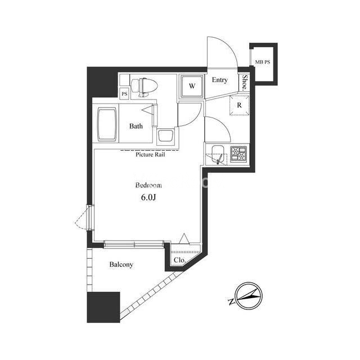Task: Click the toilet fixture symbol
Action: [144, 87]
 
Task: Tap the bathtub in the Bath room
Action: [107, 124]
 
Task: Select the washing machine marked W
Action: [192, 87]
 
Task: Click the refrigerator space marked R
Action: [239, 105]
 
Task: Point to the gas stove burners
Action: [238, 154]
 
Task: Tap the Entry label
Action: [220, 80]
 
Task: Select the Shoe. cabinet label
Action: [245, 82]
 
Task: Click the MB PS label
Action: [263, 62]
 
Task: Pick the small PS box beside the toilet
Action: [124, 94]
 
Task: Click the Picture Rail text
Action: [150, 155]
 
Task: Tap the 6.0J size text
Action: [148, 197]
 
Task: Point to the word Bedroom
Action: [148, 185]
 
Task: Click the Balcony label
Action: [121, 264]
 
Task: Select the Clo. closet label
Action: [179, 260]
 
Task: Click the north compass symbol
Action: [249, 296]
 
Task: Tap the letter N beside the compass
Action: [231, 302]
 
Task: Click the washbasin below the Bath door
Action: [165, 136]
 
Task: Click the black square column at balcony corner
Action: [103, 307]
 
